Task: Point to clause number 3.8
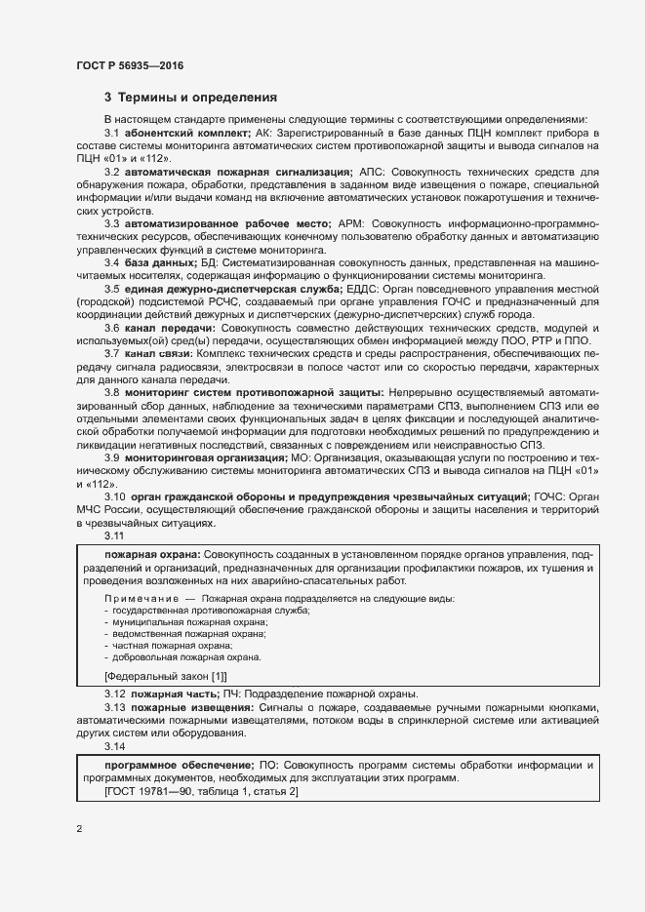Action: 111,392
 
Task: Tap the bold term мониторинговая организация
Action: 205,457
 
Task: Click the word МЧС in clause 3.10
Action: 92,510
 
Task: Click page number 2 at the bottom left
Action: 78,829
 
